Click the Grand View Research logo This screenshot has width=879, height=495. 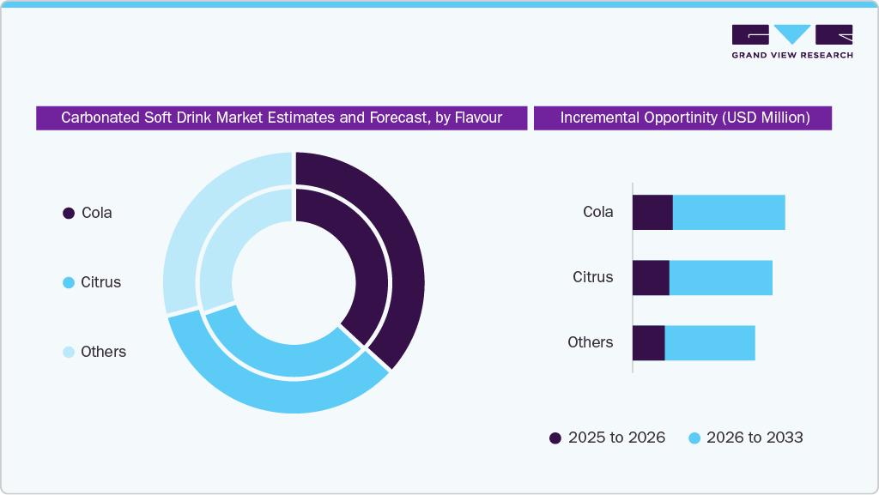(791, 41)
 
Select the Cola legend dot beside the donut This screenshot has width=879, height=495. (69, 213)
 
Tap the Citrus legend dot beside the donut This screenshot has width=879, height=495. (69, 282)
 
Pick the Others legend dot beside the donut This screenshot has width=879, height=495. (69, 352)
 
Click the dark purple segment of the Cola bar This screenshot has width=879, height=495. (652, 212)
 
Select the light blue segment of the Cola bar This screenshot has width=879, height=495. (729, 212)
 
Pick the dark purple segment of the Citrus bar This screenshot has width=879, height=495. (651, 278)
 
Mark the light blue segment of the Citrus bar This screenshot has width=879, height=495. (721, 278)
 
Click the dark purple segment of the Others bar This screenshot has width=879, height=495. (648, 343)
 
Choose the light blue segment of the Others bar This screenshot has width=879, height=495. (710, 343)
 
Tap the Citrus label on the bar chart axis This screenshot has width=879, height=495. (593, 277)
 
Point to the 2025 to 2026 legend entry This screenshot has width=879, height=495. (607, 438)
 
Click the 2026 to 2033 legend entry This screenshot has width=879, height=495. (746, 438)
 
